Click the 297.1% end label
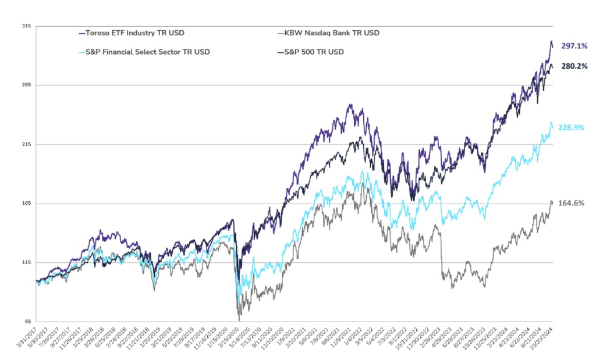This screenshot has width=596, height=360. pos(574,45)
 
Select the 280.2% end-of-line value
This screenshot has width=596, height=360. pos(574,66)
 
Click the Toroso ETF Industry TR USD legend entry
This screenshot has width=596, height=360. pos(134,33)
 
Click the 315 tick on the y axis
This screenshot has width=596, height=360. pos(26,26)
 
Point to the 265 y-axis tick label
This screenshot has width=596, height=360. pos(26,85)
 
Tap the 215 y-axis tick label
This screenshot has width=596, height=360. pos(26,144)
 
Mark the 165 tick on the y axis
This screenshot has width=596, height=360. pos(26,204)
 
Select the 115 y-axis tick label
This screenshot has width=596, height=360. pos(26,262)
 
